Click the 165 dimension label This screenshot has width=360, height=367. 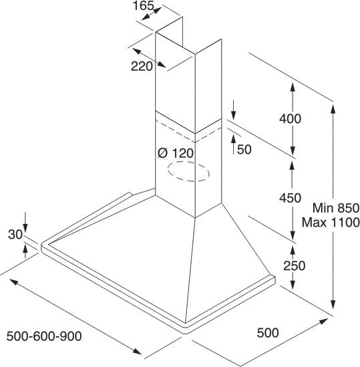[x=144, y=5]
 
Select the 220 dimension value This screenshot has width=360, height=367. [x=142, y=66]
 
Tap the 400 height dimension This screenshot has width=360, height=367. [x=290, y=119]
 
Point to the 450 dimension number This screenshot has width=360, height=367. [x=290, y=198]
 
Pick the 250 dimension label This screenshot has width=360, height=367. [x=295, y=265]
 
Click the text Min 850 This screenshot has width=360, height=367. [x=336, y=208]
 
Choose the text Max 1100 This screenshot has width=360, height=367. [x=331, y=223]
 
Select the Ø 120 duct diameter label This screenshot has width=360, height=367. [x=176, y=153]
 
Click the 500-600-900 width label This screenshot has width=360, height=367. [x=44, y=336]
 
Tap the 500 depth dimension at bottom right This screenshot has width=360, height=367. [x=268, y=333]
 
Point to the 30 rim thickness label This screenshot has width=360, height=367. [x=15, y=235]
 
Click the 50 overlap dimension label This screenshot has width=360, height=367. [x=244, y=149]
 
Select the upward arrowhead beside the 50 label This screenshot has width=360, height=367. [x=233, y=139]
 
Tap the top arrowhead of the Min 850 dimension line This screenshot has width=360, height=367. [x=333, y=109]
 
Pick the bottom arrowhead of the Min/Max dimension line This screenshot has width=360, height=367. [x=333, y=303]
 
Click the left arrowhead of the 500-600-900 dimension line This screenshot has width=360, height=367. [x=14, y=282]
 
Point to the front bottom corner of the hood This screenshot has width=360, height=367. [x=186, y=333]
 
